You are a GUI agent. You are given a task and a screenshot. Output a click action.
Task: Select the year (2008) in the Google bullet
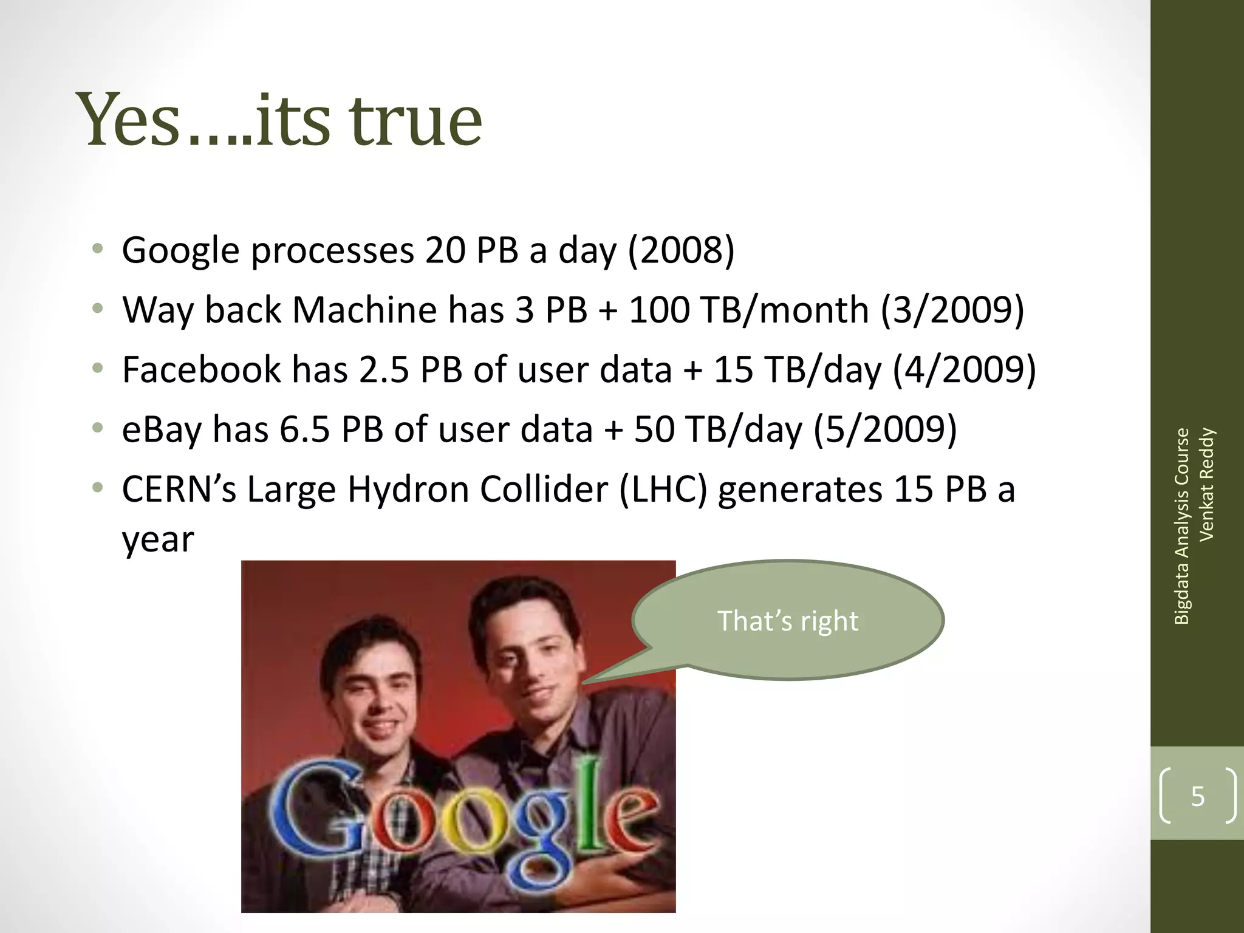(x=681, y=250)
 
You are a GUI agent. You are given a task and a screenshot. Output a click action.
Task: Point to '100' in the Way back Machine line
(x=659, y=310)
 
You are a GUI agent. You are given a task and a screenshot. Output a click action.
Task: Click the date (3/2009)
(x=952, y=310)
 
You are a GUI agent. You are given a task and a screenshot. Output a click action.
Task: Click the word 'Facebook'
(x=201, y=369)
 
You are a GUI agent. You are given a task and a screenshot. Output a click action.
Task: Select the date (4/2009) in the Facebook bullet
(x=964, y=369)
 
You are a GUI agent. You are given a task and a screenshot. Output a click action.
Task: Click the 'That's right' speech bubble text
(x=788, y=621)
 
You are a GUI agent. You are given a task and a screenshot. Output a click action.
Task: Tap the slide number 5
(x=1197, y=796)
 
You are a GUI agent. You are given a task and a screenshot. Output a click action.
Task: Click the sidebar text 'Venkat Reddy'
(x=1206, y=484)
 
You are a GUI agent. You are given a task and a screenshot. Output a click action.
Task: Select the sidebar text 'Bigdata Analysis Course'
(x=1181, y=526)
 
